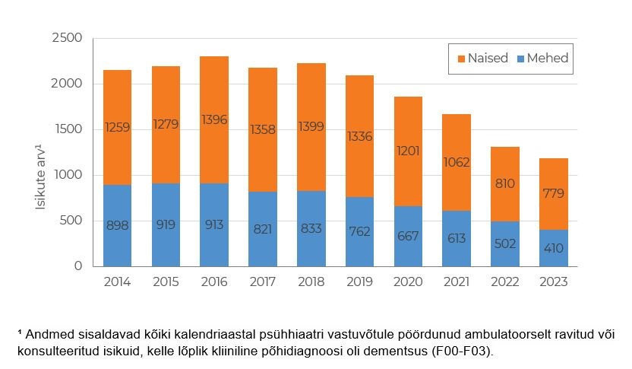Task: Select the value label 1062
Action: coord(457,162)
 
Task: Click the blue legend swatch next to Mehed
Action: coord(520,59)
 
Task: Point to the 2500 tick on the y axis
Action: coord(67,38)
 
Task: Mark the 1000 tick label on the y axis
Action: coord(67,175)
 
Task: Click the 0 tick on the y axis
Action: coord(77,266)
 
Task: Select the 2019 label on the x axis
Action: coord(360,282)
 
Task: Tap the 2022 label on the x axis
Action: coord(505,282)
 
